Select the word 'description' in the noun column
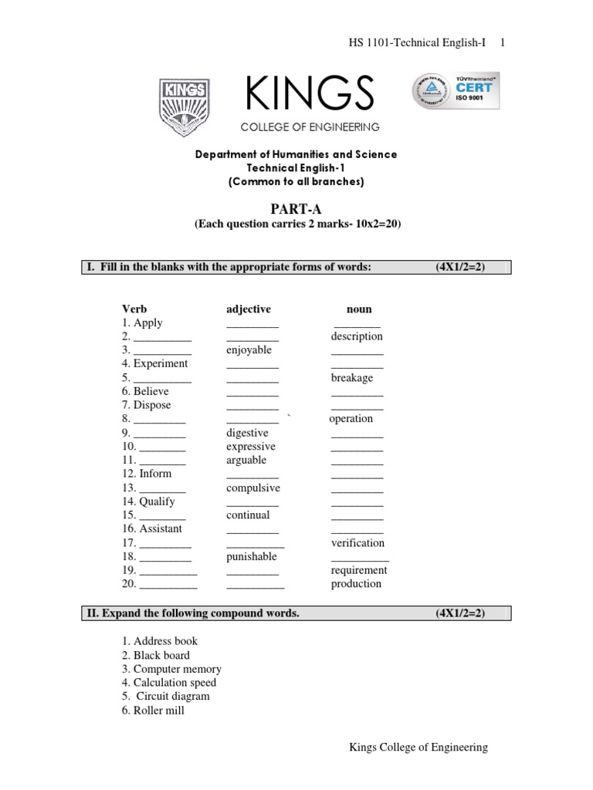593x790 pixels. pos(357,336)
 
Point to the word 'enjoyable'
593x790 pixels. pos(249,350)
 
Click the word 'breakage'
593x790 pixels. pos(352,378)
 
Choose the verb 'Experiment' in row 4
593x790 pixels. pos(160,364)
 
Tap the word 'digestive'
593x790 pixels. pos(247,433)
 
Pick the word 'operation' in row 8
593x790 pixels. pos(351,419)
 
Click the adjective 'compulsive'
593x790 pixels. pos(253,488)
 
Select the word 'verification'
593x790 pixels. pos(357,543)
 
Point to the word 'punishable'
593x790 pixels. pos(251,557)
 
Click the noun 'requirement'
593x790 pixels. pos(359,571)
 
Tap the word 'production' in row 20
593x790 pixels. pos(356,584)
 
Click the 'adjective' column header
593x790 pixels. pos(249,309)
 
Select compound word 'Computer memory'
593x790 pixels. pos(177,670)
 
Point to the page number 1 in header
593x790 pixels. pos(503,43)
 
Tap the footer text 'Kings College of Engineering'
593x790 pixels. pos(418,748)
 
